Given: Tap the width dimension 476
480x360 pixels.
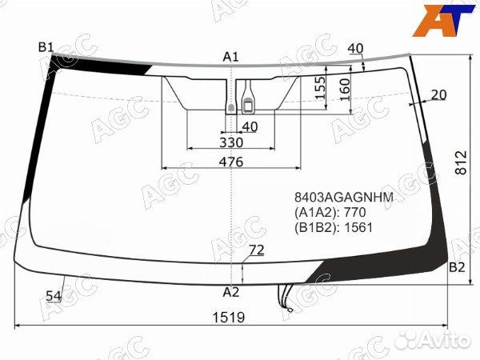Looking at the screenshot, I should [231, 162].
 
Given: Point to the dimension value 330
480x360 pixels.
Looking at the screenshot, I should [231, 142].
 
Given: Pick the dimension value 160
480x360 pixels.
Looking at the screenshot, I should [345, 88].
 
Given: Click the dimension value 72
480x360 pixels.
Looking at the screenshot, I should [255, 251].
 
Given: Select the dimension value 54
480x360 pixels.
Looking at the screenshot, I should [54, 296].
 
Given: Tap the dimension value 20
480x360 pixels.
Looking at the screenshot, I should [438, 94].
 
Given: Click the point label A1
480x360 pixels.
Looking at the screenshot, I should [231, 56].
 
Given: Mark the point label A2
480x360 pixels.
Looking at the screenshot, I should [231, 291].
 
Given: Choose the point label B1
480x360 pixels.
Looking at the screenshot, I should [46, 47].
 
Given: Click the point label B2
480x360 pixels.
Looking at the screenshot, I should [457, 267].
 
